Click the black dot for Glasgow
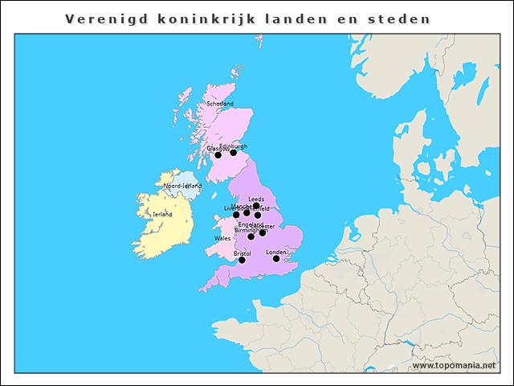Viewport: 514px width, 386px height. (x=218, y=155)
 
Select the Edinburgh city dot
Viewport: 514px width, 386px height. (x=234, y=153)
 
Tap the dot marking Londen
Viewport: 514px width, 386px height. (x=276, y=258)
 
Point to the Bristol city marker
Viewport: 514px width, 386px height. (x=242, y=260)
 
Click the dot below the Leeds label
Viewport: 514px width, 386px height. (x=256, y=206)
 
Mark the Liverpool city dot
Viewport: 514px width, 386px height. (x=236, y=215)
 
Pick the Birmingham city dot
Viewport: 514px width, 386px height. (x=251, y=236)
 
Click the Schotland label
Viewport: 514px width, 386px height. (x=220, y=104)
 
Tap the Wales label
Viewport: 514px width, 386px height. (x=222, y=239)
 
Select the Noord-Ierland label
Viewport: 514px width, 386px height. (x=182, y=186)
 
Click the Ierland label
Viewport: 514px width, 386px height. (x=162, y=215)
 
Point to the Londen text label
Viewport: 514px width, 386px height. (x=275, y=252)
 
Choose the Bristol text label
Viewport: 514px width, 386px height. (x=243, y=253)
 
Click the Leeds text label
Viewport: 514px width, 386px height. (x=256, y=199)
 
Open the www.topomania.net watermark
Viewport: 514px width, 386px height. (x=454, y=366)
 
